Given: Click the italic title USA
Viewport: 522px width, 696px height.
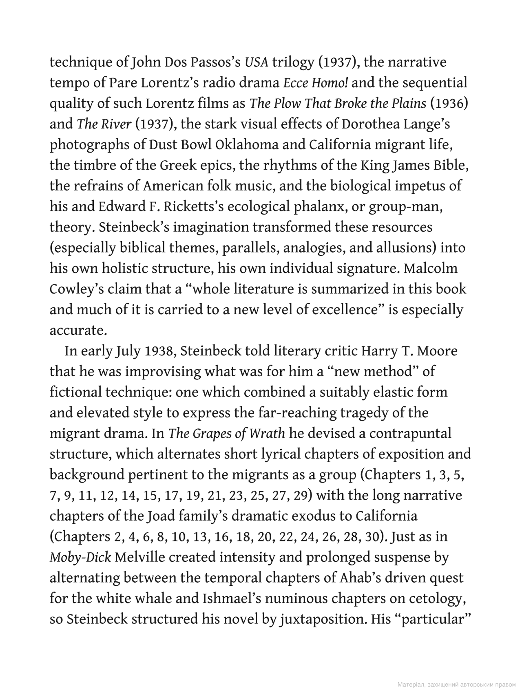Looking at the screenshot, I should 256,62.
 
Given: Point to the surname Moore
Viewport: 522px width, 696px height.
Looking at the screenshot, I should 437,351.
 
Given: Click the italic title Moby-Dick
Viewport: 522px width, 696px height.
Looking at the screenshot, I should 80,557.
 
